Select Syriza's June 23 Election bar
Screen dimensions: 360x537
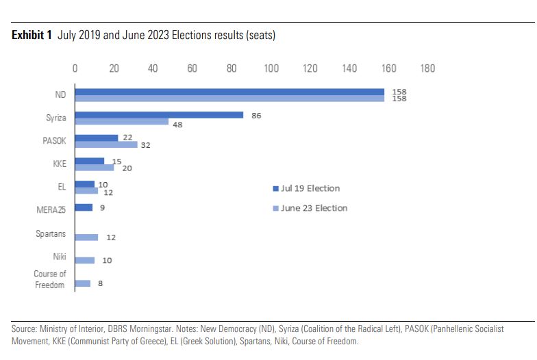coord(122,122)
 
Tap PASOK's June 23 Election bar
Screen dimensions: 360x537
coord(106,145)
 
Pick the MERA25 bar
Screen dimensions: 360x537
coord(84,207)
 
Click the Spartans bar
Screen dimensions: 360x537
coord(86,237)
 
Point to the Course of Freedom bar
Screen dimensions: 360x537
coord(82,283)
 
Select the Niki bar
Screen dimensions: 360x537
coord(84,260)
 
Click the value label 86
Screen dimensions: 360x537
coord(256,116)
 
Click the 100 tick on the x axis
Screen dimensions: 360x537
coord(271,68)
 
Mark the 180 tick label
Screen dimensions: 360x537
coord(428,68)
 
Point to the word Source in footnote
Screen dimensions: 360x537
coord(25,329)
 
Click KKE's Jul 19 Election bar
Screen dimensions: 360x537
coord(90,161)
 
